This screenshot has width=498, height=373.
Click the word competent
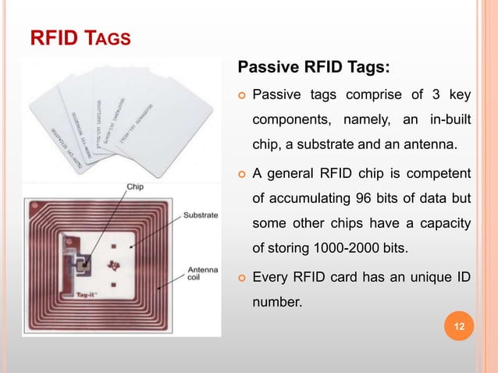point(442,170)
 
